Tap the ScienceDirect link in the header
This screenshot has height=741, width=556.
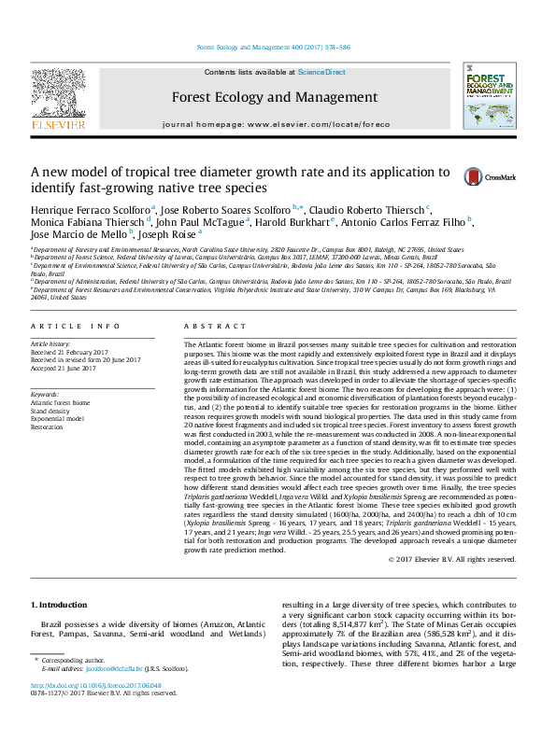(x=321, y=72)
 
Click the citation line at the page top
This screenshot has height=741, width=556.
(x=275, y=48)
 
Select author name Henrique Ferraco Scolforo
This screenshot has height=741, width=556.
(x=91, y=208)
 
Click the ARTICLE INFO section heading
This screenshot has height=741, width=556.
(x=76, y=326)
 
